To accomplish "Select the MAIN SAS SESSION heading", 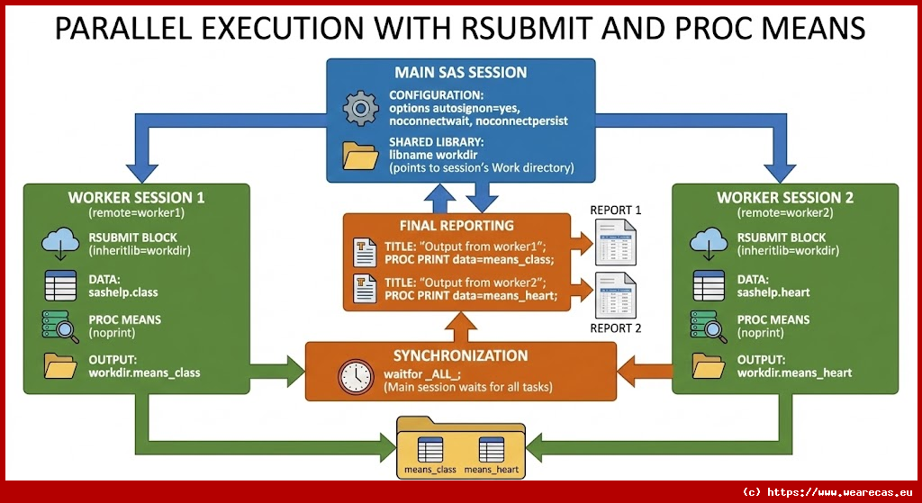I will [x=460, y=72].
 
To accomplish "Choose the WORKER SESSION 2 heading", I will [x=784, y=197].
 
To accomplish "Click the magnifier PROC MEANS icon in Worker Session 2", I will [x=709, y=325].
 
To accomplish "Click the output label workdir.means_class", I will [x=145, y=373].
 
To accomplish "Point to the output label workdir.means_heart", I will [x=794, y=373].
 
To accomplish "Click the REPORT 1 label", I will [x=616, y=211].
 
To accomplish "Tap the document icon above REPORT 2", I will [x=616, y=292].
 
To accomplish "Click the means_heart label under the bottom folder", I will [x=491, y=470].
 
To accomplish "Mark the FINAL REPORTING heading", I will [x=456, y=225].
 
